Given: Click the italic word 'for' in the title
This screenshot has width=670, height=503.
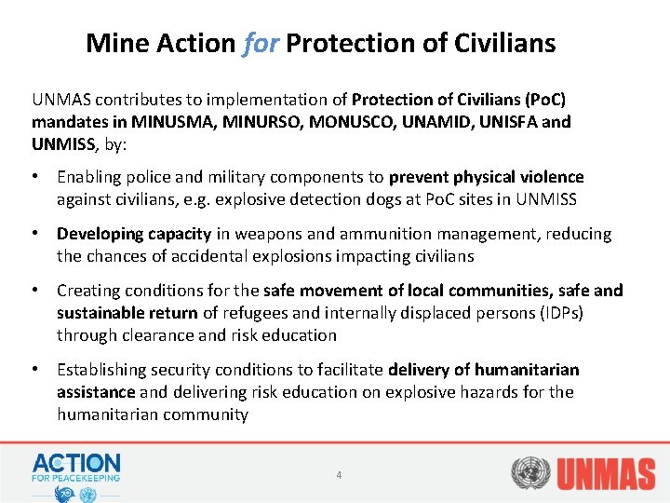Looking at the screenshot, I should click(x=261, y=43).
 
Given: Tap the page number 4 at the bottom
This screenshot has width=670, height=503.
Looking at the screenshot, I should click(x=339, y=475).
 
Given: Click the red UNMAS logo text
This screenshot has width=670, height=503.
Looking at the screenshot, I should click(x=606, y=473).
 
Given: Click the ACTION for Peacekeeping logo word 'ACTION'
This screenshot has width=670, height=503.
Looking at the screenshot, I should click(x=76, y=462).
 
